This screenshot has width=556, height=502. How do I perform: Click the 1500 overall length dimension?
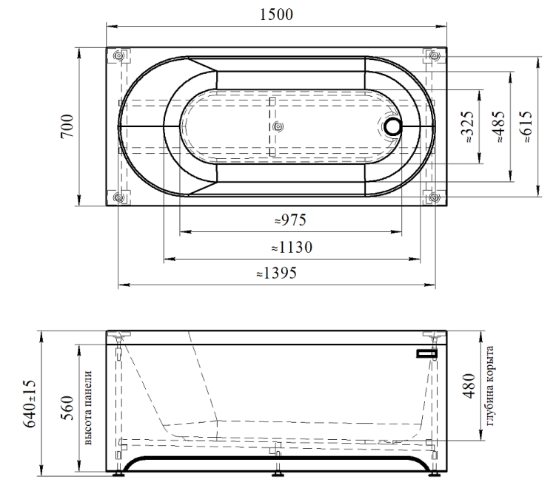tap(276, 15)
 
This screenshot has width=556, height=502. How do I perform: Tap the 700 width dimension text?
tap(67, 126)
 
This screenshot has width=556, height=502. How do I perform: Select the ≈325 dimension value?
tap(467, 126)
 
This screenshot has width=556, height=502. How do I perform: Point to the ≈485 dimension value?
tap(498, 126)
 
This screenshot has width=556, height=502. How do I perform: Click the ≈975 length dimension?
tap(290, 220)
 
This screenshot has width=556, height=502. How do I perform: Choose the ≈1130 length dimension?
tap(292, 248)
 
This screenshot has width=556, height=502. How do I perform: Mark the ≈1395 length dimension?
tap(277, 274)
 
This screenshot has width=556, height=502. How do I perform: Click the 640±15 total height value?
tap(30, 404)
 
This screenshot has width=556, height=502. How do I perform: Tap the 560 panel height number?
tap(67, 408)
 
